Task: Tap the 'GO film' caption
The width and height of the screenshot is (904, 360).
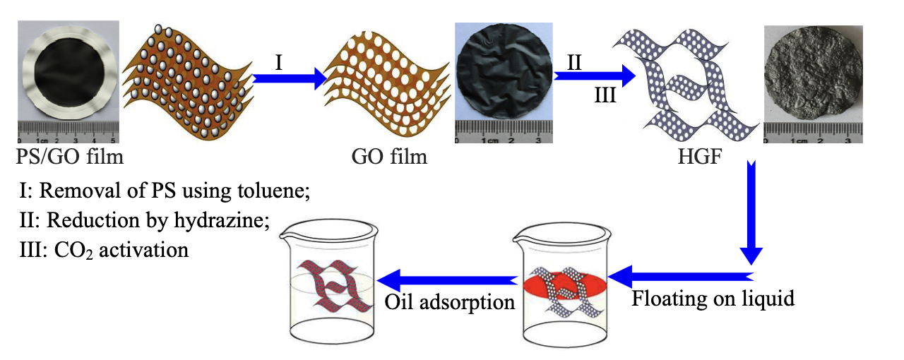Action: (x=389, y=155)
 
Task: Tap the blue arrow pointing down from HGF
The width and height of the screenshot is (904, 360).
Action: (x=751, y=212)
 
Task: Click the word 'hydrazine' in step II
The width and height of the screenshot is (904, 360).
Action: (x=225, y=220)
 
